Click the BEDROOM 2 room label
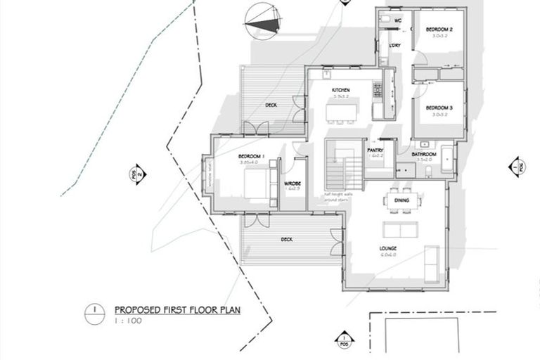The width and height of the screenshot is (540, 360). pos(439,29)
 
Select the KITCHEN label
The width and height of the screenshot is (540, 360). pos(342,91)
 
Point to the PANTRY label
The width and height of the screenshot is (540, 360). pos(375,150)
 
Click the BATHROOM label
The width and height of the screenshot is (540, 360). pos(425,154)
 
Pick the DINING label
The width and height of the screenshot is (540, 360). pos(401,200)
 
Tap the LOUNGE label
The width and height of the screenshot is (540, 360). pos(389,248)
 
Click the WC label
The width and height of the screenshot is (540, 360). pos(397,21)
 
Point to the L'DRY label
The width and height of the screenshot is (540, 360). pos(395,46)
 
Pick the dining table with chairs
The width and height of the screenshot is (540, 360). pos(401,201)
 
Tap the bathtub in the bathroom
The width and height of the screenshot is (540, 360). pos(447,159)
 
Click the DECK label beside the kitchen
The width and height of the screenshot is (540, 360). pos(271,105)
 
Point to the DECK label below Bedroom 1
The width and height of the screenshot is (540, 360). pos(286,239)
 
